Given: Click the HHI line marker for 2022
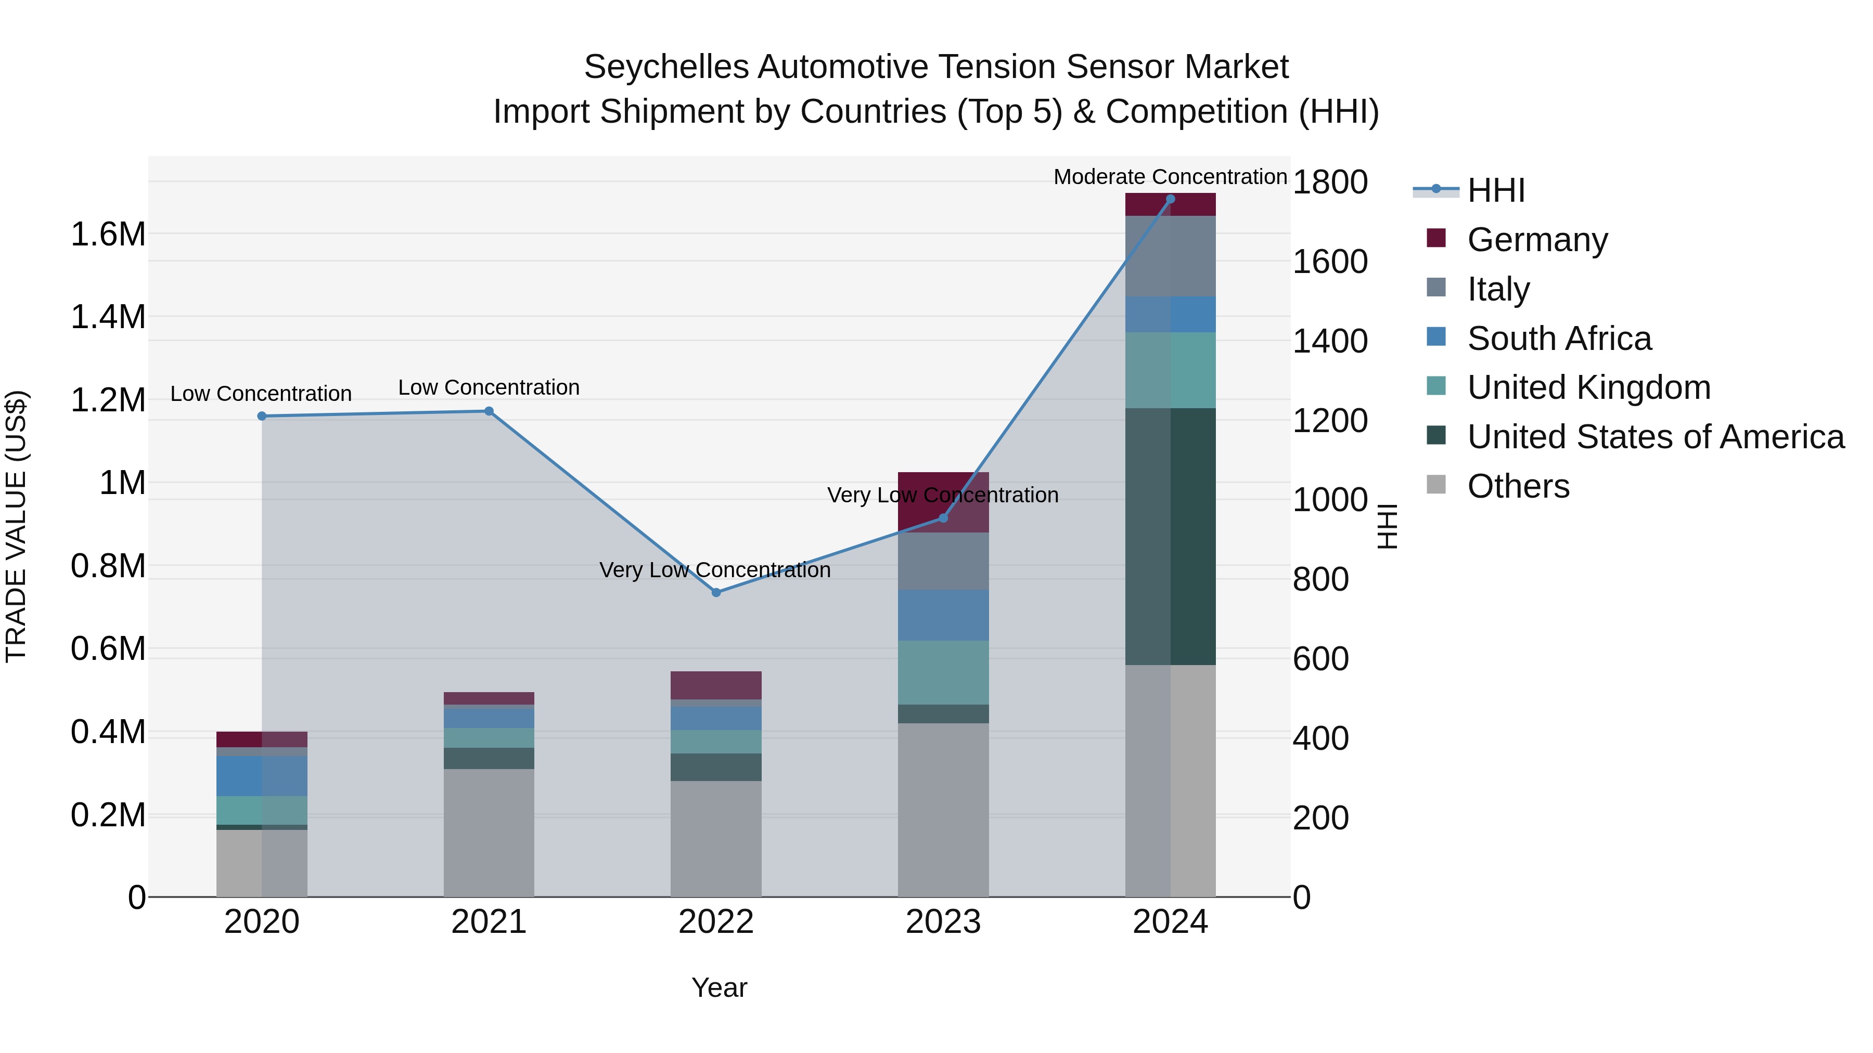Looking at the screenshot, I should point(716,593).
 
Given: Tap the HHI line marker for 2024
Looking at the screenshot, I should point(1170,199).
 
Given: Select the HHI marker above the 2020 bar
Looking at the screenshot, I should point(262,417).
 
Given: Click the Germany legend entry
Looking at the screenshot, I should point(1536,240).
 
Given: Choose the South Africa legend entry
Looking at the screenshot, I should point(1558,339).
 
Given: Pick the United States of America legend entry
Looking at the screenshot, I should point(1655,437).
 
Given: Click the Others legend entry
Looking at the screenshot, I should point(1518,486).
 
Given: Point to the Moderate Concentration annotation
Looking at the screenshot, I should point(1170,177).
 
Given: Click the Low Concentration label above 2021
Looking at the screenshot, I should point(489,387).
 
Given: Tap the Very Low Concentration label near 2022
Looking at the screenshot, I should point(715,570).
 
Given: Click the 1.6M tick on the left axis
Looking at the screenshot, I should point(108,235).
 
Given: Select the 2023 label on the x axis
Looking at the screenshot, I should point(943,922).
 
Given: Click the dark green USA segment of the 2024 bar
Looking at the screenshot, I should point(1170,536).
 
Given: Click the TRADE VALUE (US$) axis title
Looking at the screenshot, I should point(16,526).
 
